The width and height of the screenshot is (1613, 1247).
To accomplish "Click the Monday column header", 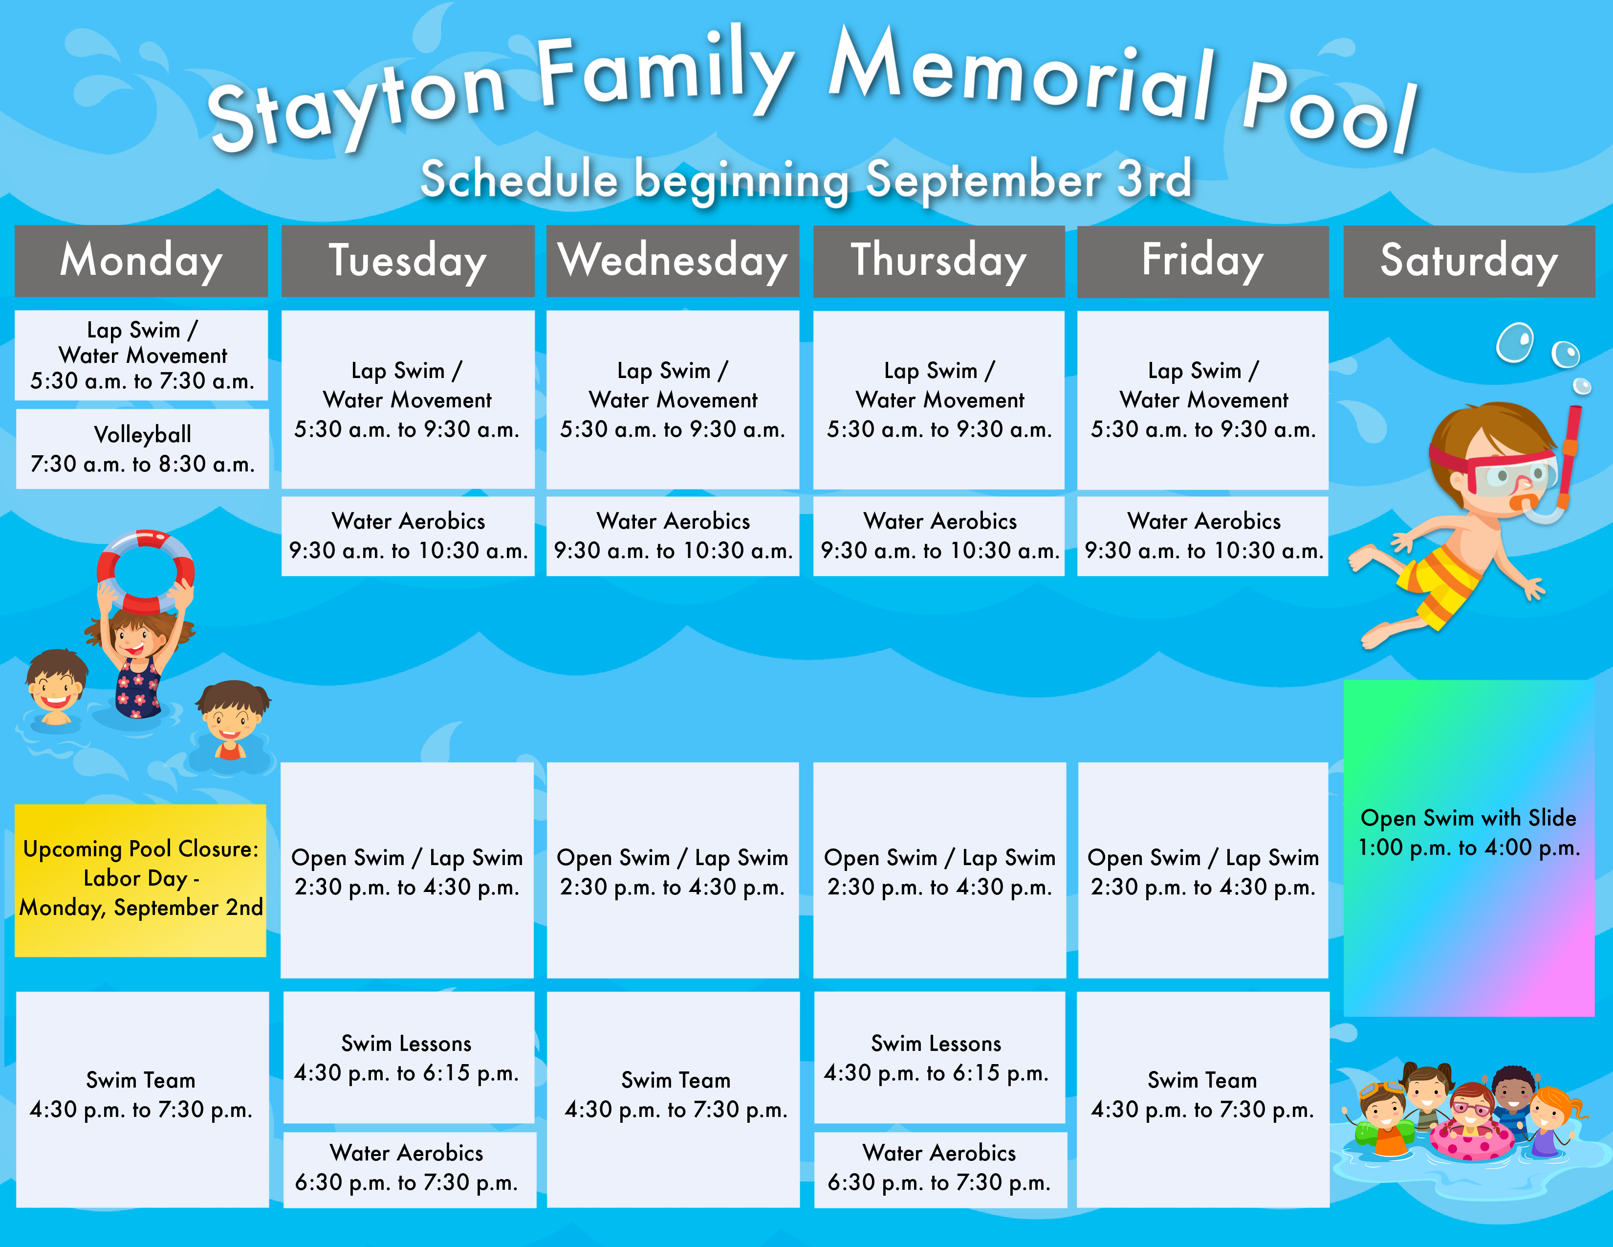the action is coord(141,261).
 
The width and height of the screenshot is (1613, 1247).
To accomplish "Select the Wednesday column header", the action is coord(673,261).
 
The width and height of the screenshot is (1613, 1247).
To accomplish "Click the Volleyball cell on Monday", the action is coord(143,449).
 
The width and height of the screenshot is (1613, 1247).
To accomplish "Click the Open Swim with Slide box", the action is coord(1469,848).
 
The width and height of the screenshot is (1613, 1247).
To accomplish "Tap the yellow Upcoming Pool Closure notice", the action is coord(140,881).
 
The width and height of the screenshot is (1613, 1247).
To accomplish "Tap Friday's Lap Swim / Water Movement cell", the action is coord(1203,400).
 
